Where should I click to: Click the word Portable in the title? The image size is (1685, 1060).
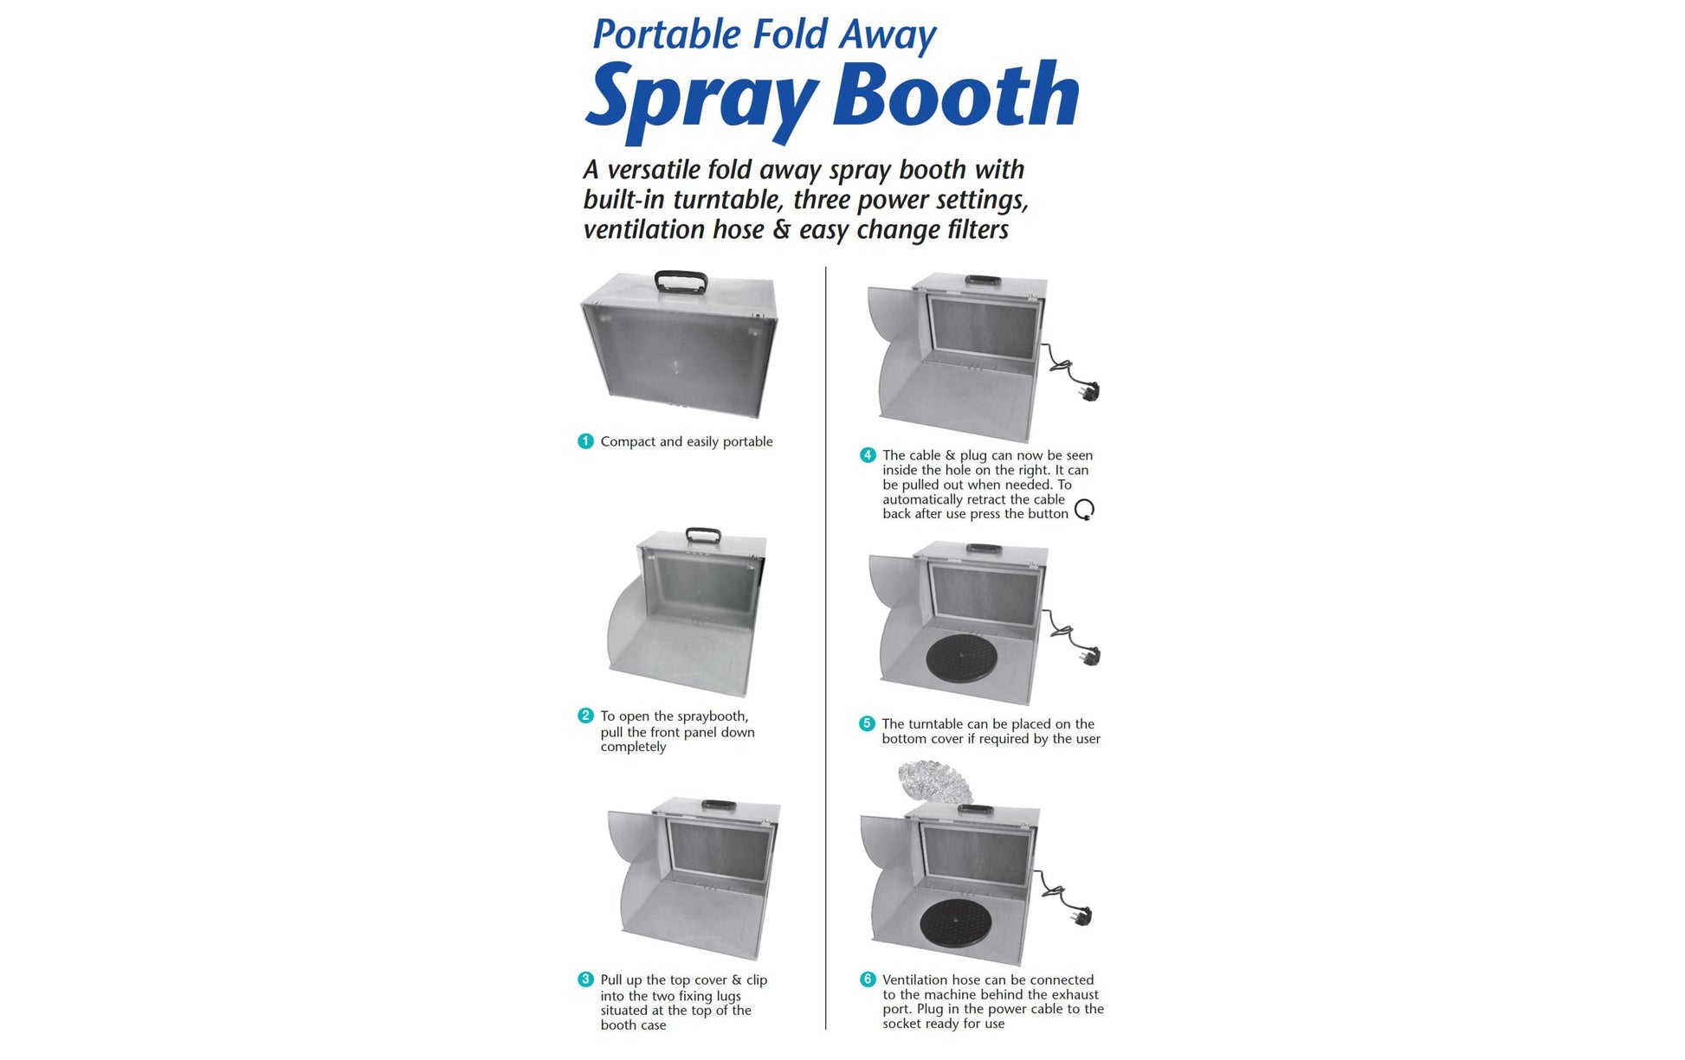coord(668,35)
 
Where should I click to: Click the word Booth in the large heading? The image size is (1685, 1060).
coord(956,95)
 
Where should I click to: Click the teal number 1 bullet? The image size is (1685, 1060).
coord(585,441)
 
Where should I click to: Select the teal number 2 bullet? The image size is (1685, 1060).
coord(585,716)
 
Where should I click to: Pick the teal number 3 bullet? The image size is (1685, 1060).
coord(585,980)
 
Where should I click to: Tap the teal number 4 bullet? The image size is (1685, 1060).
coord(868,455)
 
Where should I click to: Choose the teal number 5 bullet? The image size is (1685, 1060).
coord(867,723)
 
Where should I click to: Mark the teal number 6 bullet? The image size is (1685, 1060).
coord(868,980)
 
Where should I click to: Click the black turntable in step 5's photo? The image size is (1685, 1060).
coord(961,659)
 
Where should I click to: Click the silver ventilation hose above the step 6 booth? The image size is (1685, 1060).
coord(935,781)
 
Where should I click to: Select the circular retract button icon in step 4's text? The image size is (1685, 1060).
coord(1084,510)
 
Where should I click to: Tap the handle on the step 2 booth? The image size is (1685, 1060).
coord(702,535)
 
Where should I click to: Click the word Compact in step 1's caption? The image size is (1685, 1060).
coord(629,441)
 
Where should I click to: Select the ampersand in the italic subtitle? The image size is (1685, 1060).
coord(782,229)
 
